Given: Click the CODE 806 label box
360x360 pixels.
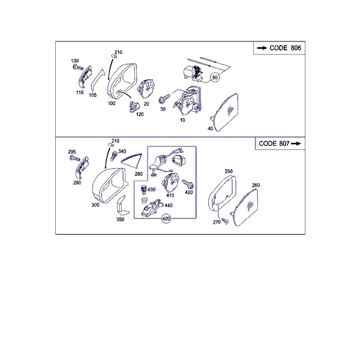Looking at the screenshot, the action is [279, 48].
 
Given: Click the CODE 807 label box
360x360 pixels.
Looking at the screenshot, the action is [280, 143].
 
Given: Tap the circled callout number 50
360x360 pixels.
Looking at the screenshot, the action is [215, 77].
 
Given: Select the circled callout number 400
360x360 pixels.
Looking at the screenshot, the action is [166, 218].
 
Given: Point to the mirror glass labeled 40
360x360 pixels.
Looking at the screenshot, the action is [225, 113].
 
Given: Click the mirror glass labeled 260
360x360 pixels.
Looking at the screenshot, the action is [245, 208].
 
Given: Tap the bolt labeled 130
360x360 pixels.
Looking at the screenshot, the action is [78, 67].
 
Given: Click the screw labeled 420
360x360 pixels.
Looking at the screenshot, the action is [188, 184].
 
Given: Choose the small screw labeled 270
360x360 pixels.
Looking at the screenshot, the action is [225, 221].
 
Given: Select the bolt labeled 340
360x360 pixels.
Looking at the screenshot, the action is [114, 156].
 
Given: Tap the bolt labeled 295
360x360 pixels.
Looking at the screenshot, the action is [75, 158].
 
